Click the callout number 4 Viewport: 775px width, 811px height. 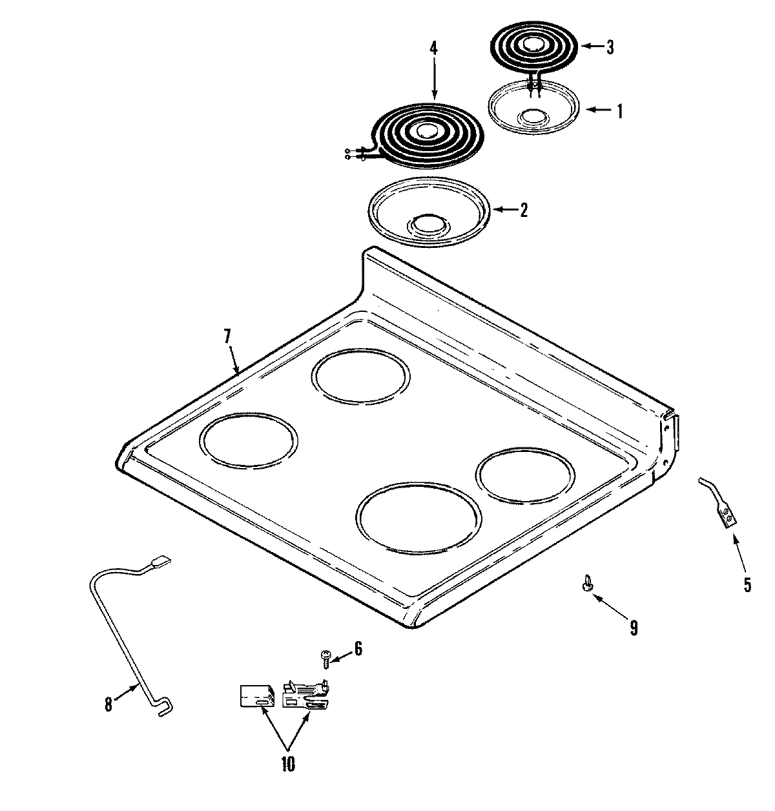433,47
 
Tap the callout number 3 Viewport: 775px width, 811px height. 610,47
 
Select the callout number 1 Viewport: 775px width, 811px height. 620,111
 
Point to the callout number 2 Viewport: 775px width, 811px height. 523,210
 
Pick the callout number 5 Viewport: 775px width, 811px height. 747,585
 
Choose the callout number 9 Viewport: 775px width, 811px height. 633,627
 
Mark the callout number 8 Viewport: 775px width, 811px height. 108,704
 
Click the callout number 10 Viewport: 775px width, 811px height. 287,765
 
